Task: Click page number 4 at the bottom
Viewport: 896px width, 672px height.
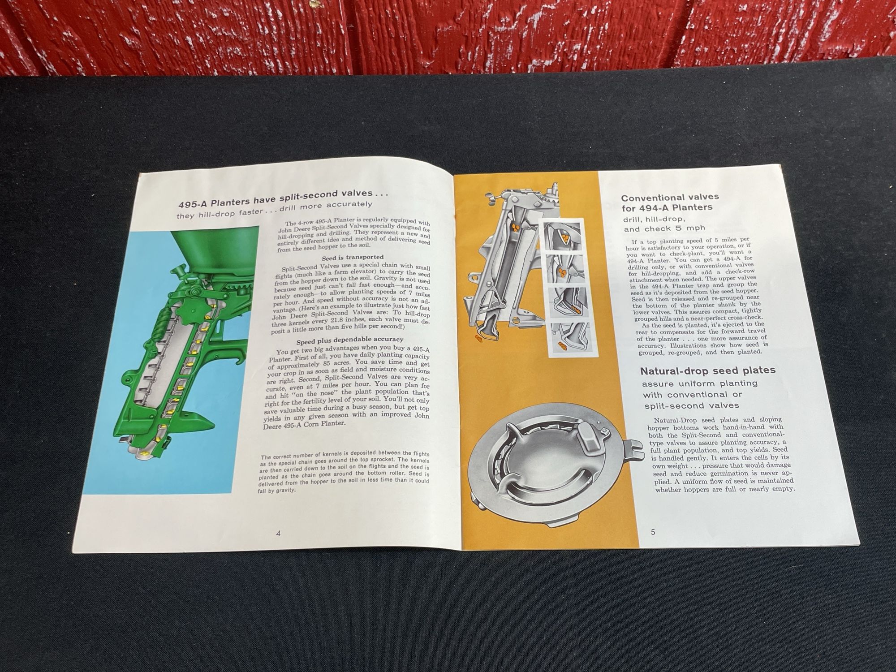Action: click(278, 534)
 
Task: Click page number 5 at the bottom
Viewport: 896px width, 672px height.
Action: click(653, 532)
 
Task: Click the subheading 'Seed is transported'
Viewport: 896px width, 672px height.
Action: click(353, 257)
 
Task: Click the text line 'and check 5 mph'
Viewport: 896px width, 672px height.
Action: click(657, 229)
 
